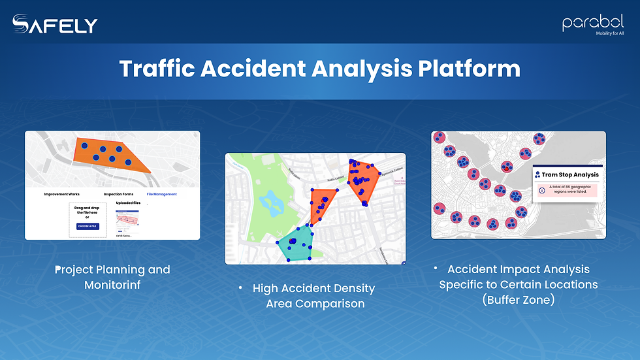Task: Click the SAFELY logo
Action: pyautogui.click(x=55, y=25)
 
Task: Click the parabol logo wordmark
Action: pyautogui.click(x=593, y=23)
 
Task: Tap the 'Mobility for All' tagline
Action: pyautogui.click(x=605, y=34)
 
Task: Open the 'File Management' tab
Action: pyautogui.click(x=161, y=194)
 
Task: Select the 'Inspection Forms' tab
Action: pyautogui.click(x=118, y=194)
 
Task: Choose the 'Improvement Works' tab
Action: pyautogui.click(x=61, y=194)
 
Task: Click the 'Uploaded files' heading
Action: pyautogui.click(x=128, y=203)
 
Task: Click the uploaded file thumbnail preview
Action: pyautogui.click(x=127, y=220)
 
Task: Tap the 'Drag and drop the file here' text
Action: pyautogui.click(x=87, y=210)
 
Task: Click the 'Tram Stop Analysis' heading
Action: pyautogui.click(x=570, y=174)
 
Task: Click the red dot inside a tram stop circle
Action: pyautogui.click(x=505, y=169)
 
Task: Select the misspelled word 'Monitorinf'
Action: pyautogui.click(x=112, y=285)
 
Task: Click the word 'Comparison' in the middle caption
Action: pyautogui.click(x=315, y=304)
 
